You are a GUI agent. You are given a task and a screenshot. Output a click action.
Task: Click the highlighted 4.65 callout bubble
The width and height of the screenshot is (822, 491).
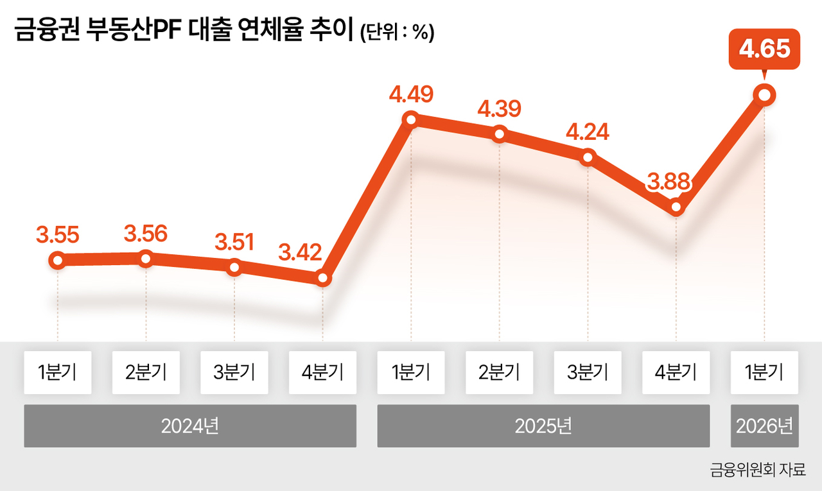click(764, 49)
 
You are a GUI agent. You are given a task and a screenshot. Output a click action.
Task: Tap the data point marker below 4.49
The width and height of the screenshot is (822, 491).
click(411, 120)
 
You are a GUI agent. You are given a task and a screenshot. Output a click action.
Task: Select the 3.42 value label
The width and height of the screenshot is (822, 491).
click(300, 252)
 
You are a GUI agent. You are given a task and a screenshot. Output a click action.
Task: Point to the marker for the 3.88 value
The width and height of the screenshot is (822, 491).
click(676, 207)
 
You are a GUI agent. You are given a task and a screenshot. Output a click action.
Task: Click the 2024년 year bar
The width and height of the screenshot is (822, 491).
click(190, 426)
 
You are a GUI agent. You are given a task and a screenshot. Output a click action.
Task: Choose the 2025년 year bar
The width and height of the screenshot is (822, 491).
click(543, 426)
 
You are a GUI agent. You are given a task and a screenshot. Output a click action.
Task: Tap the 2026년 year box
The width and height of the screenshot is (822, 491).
click(765, 426)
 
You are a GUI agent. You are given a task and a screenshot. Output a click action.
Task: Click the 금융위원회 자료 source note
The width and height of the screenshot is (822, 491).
click(758, 470)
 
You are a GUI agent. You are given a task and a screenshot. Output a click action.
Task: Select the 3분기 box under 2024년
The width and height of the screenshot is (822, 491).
click(234, 372)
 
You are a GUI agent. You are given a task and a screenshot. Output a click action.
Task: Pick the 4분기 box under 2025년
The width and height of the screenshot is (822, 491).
click(676, 372)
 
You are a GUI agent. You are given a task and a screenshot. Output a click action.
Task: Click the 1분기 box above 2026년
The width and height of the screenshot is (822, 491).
click(764, 372)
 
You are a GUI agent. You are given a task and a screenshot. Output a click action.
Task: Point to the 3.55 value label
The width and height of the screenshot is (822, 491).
click(58, 235)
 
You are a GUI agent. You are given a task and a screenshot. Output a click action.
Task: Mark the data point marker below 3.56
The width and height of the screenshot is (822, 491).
click(146, 259)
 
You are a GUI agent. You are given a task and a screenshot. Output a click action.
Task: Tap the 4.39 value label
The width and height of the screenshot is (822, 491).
click(499, 109)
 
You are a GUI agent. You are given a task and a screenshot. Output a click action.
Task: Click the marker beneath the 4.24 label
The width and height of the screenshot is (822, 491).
click(588, 157)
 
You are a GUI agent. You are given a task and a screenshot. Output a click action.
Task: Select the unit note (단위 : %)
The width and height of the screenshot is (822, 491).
click(398, 32)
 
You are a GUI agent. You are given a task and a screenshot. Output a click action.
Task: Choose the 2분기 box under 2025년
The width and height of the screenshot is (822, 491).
click(499, 372)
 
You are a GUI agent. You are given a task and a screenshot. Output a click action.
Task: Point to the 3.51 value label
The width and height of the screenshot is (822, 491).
click(234, 242)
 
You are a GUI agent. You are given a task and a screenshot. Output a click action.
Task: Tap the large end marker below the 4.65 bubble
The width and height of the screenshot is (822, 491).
click(764, 96)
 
